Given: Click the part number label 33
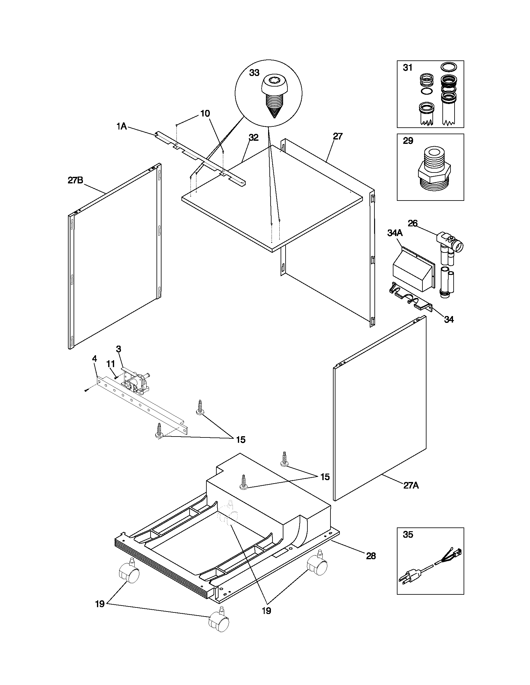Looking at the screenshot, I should pyautogui.click(x=254, y=73).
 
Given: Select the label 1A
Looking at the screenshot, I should pyautogui.click(x=122, y=126).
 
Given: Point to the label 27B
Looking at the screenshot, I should pyautogui.click(x=75, y=180).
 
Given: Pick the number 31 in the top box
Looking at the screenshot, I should pyautogui.click(x=407, y=68).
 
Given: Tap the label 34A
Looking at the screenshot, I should pyautogui.click(x=395, y=233).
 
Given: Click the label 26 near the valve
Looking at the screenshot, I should pyautogui.click(x=412, y=223).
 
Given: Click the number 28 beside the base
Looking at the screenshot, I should pyautogui.click(x=371, y=556).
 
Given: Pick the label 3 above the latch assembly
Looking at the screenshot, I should pyautogui.click(x=118, y=349).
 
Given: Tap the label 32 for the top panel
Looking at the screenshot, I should pyautogui.click(x=253, y=137).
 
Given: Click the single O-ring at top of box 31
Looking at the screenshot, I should pyautogui.click(x=449, y=67).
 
